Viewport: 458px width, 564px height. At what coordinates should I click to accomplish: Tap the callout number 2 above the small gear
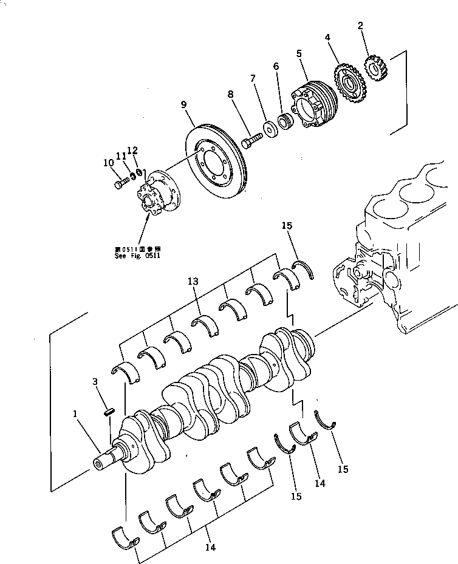pyautogui.click(x=361, y=25)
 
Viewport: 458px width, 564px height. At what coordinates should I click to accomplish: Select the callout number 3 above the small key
pyautogui.click(x=95, y=381)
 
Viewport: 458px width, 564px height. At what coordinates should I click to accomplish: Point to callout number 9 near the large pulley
pyautogui.click(x=183, y=104)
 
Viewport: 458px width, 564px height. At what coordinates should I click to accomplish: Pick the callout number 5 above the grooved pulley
pyautogui.click(x=299, y=53)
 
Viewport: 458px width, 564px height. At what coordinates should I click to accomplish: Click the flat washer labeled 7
pyautogui.click(x=268, y=129)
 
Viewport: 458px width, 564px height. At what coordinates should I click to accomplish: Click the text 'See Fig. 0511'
pyautogui.click(x=137, y=256)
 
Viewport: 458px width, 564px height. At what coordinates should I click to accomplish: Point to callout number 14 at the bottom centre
pyautogui.click(x=210, y=546)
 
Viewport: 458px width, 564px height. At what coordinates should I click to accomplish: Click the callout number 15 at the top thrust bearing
pyautogui.click(x=288, y=226)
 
